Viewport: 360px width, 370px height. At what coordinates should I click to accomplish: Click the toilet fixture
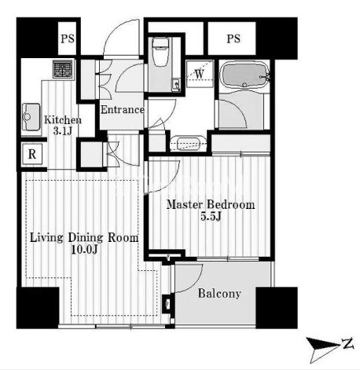pos(160,52)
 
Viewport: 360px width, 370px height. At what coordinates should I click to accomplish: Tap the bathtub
pos(244,75)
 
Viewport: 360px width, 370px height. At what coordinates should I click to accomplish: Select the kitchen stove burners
pos(62,69)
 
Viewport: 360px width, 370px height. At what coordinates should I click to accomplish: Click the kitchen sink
pos(31,116)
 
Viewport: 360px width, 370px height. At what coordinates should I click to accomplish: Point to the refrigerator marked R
pos(32,154)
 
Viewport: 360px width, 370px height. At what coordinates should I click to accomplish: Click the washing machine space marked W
pos(200,74)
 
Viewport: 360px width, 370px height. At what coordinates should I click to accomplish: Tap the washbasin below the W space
pos(188,144)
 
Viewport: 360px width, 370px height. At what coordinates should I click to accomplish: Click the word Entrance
pos(123,110)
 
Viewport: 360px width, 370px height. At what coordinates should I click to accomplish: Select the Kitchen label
pos(63,120)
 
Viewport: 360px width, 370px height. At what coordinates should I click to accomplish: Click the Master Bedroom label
pos(211,204)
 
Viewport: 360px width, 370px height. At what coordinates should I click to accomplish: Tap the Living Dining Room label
pos(84,238)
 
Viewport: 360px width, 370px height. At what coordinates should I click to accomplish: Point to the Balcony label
pos(219,294)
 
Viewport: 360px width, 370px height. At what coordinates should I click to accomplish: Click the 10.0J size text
pos(84,250)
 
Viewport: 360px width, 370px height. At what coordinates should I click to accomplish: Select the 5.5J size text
pos(211,216)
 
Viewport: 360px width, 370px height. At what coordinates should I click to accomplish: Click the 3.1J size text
pos(62,130)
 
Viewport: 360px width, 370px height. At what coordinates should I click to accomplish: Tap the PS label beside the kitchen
pos(68,38)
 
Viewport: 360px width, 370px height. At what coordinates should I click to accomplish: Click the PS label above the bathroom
pos(233,38)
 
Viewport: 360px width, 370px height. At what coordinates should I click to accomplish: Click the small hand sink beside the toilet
pos(175,85)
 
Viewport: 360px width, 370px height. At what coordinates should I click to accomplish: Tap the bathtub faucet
pos(266,77)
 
